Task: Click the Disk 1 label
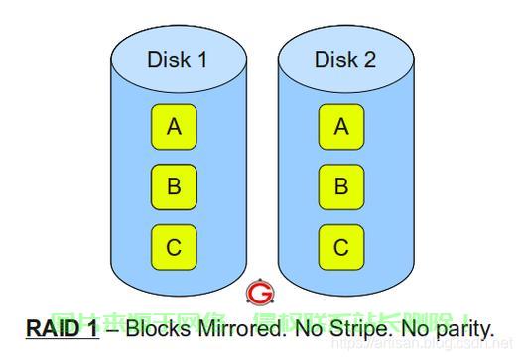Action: [x=177, y=60]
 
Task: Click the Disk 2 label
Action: [x=344, y=60]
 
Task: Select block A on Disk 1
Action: [x=174, y=127]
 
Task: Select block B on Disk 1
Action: [x=174, y=185]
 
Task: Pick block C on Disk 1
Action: [x=174, y=245]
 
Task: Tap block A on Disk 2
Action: [x=341, y=127]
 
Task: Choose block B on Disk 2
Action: [x=341, y=185]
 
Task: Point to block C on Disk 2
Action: [x=341, y=245]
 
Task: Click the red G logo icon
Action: [x=260, y=293]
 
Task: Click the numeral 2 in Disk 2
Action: [x=369, y=60]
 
